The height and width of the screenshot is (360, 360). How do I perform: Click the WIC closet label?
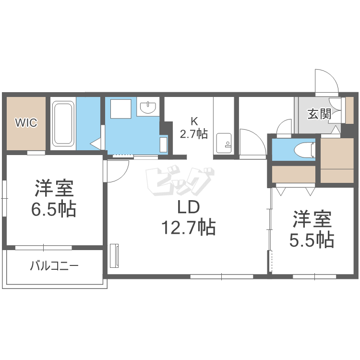coord(26,122)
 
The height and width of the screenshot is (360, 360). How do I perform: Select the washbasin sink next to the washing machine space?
coord(148,107)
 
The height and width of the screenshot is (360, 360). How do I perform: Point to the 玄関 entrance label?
coord(319,114)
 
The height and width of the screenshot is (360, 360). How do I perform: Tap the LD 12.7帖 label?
coord(189,217)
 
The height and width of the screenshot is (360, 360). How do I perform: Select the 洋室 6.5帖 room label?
coord(54,199)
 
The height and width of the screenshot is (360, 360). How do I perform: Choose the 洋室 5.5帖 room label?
coord(312,229)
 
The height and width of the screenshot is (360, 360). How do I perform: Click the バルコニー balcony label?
coord(54,266)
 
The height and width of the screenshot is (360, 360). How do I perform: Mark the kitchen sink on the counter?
coord(224,143)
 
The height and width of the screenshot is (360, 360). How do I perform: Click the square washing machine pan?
coord(121,109)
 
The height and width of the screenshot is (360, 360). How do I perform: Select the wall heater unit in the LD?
coord(114,255)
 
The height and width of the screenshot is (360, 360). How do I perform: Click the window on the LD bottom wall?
coord(222,276)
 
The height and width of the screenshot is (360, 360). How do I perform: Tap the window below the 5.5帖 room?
coord(314,276)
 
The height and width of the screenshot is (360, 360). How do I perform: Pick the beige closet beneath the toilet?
coord(294,174)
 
